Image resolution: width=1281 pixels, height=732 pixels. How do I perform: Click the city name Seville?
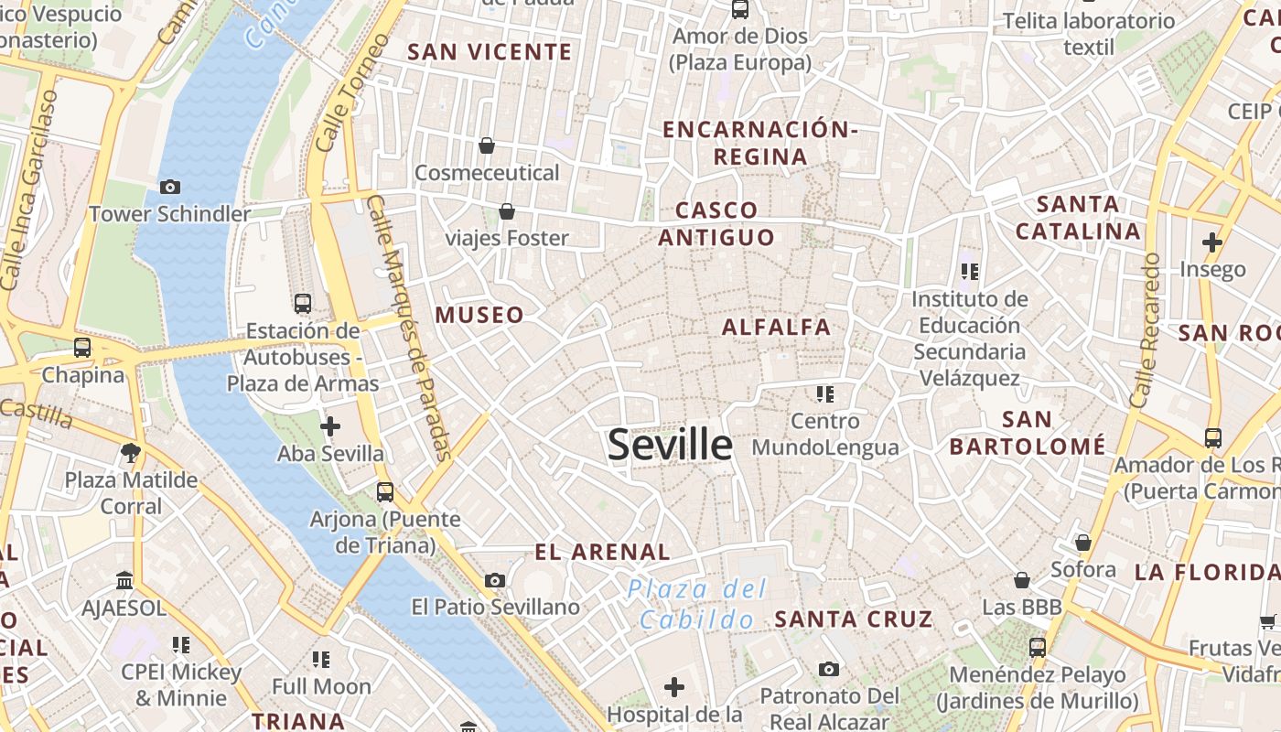tap(670, 445)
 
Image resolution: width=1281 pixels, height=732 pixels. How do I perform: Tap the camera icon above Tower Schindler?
tap(170, 187)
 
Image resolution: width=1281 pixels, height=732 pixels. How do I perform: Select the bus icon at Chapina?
tap(82, 348)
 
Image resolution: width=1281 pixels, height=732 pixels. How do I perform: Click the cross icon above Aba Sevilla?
tap(330, 425)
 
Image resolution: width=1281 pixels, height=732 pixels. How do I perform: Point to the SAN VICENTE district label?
tap(490, 52)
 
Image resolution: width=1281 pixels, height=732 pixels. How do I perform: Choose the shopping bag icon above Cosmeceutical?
tap(487, 145)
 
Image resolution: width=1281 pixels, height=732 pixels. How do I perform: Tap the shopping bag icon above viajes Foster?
tap(507, 211)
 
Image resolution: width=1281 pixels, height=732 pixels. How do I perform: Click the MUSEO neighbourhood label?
tap(479, 315)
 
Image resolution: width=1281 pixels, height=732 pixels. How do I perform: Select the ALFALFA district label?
tap(776, 327)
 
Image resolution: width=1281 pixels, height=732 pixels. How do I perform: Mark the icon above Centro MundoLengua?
tap(825, 394)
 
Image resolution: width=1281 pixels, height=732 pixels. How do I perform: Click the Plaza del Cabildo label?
tap(698, 604)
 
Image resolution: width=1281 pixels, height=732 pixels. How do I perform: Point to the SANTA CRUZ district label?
tap(853, 619)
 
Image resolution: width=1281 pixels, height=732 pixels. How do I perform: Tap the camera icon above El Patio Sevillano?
tap(495, 580)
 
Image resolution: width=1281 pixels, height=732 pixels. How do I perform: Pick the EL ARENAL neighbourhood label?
tap(602, 552)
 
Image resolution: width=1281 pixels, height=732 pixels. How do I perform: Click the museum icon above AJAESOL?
tap(124, 581)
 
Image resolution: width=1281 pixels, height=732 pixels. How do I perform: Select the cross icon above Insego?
tap(1212, 242)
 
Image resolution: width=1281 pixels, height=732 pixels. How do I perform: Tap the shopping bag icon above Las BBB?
tap(1022, 580)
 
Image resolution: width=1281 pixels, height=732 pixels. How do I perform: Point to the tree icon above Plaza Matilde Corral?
tap(131, 451)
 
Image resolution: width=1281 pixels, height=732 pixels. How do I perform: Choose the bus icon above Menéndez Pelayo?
tap(1037, 647)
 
